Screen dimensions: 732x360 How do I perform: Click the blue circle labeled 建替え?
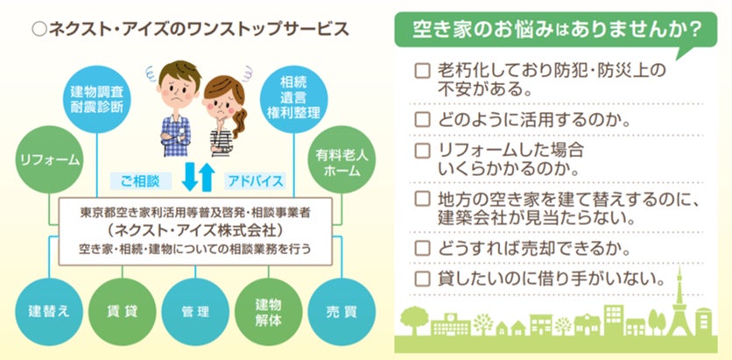point(49,311)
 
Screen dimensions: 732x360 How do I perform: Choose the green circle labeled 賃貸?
point(120,311)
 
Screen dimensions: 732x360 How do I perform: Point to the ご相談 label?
point(135,181)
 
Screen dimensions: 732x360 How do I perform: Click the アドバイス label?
point(256,181)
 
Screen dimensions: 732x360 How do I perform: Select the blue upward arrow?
point(207,177)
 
